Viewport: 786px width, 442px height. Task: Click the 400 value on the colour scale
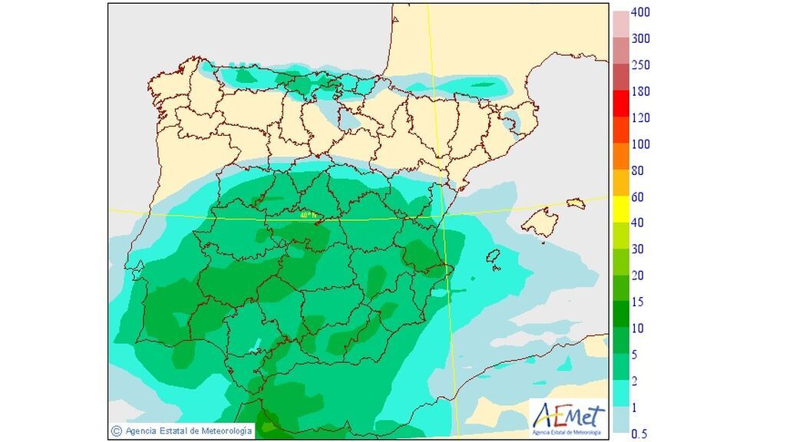(640, 12)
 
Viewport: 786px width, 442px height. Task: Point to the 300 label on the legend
(640, 38)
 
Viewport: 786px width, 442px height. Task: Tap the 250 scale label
(640, 65)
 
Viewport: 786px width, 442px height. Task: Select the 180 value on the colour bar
(640, 91)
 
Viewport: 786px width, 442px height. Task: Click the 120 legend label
(640, 117)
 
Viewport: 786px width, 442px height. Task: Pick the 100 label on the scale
(640, 144)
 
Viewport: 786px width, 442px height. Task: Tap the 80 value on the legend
(637, 170)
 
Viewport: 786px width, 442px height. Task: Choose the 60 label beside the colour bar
(637, 197)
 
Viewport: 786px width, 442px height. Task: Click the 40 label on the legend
(637, 223)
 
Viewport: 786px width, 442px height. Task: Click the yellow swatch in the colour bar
(620, 209)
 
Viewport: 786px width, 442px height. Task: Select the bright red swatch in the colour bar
(620, 104)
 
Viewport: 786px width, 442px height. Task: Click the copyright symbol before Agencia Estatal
(117, 431)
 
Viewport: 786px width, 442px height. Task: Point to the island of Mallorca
(542, 222)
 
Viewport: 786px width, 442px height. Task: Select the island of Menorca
(576, 203)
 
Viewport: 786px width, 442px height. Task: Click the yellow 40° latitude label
(308, 216)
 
